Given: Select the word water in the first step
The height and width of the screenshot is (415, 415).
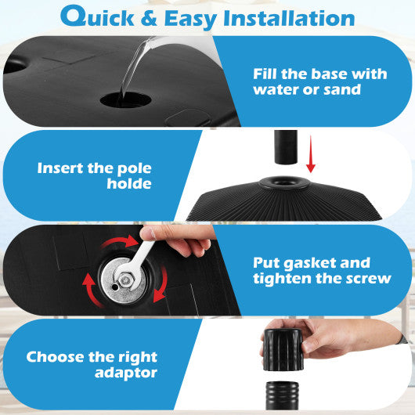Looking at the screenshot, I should (x=278, y=89).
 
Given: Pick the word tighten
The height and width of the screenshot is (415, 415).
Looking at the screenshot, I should (x=283, y=279).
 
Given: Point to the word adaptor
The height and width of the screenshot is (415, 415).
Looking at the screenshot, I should (x=128, y=373).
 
